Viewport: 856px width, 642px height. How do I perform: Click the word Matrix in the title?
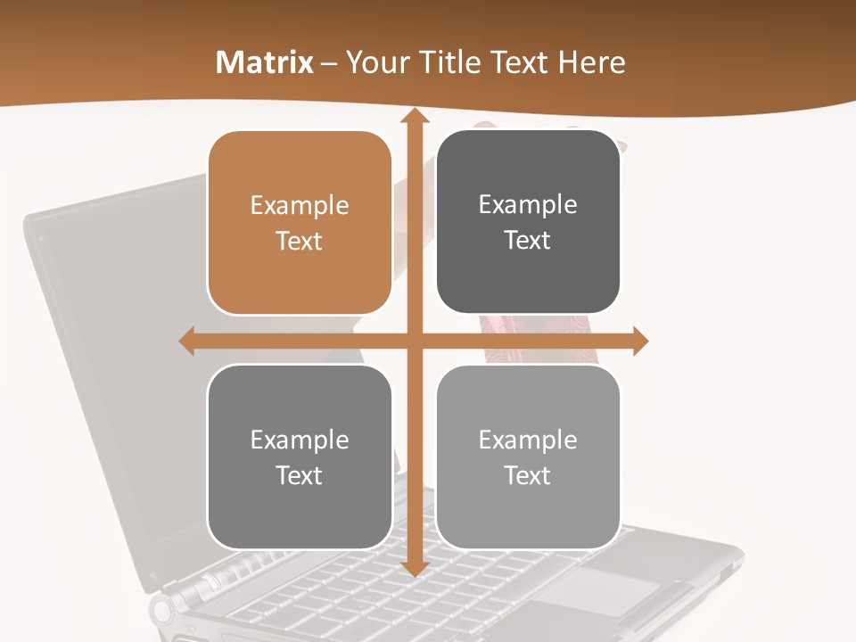[x=265, y=62]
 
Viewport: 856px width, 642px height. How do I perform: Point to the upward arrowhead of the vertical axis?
[x=414, y=117]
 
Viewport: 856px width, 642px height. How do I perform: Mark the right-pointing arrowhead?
[x=640, y=341]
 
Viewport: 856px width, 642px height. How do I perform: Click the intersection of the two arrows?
[x=414, y=341]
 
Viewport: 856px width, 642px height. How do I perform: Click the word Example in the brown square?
[x=300, y=206]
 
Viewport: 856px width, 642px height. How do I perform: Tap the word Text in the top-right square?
[x=528, y=241]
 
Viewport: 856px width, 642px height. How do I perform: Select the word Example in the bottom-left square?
[x=300, y=440]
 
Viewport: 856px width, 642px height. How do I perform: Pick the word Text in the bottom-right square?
[x=528, y=475]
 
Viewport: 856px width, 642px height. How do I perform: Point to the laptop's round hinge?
[x=163, y=611]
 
